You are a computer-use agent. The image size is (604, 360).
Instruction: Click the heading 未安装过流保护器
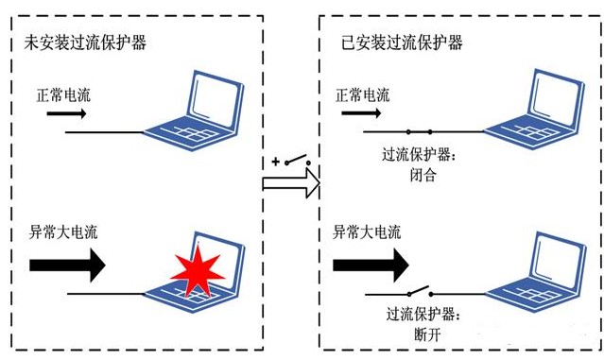tap(85, 42)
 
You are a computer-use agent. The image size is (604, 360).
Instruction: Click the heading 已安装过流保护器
tap(402, 42)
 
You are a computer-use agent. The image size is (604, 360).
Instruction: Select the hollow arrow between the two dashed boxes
tap(291, 183)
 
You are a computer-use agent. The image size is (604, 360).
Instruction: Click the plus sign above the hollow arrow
tap(275, 162)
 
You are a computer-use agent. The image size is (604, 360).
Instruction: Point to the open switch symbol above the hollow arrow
tap(298, 161)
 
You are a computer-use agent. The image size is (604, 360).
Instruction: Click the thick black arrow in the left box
tap(67, 265)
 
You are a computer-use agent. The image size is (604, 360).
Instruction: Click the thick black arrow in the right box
tap(371, 265)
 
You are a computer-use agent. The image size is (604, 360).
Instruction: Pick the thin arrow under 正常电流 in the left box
tap(66, 113)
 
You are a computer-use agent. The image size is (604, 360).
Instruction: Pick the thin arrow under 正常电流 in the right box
tap(361, 113)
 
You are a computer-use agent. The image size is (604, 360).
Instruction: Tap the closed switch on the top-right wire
tap(419, 132)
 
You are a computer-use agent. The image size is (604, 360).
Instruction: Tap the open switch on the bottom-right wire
tap(420, 291)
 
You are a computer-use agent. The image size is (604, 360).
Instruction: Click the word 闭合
tap(423, 175)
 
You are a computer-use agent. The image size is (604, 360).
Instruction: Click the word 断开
tap(427, 334)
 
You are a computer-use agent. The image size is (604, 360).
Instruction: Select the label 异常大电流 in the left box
tap(63, 232)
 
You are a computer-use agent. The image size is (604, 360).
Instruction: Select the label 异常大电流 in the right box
tap(367, 232)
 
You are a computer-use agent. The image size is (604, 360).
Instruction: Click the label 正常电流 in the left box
tap(63, 95)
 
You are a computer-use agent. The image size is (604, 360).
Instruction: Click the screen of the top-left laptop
tap(215, 98)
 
